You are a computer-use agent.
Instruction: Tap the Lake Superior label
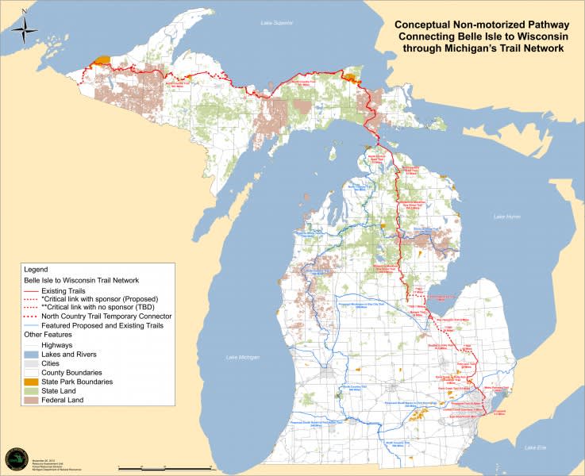(277, 23)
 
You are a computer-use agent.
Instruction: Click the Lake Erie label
(537, 448)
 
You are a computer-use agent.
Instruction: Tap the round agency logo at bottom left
(14, 459)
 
